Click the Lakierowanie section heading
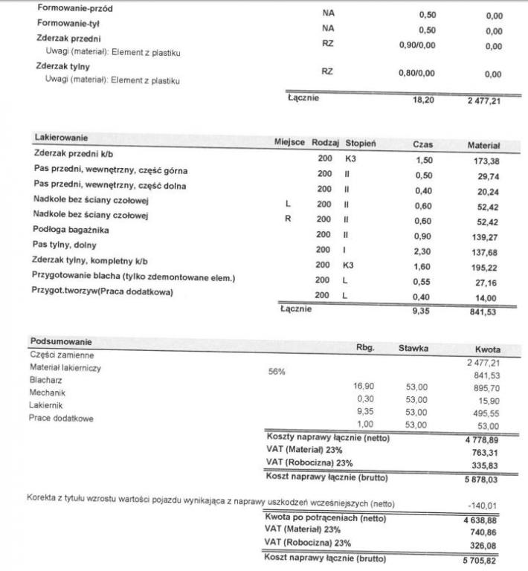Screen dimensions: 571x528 tap(61, 138)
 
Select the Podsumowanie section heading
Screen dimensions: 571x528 tap(61, 341)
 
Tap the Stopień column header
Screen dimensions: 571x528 tap(360, 143)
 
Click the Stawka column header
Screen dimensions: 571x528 tap(413, 347)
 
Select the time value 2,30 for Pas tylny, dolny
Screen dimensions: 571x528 tap(422, 252)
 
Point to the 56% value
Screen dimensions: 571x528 tap(277, 371)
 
